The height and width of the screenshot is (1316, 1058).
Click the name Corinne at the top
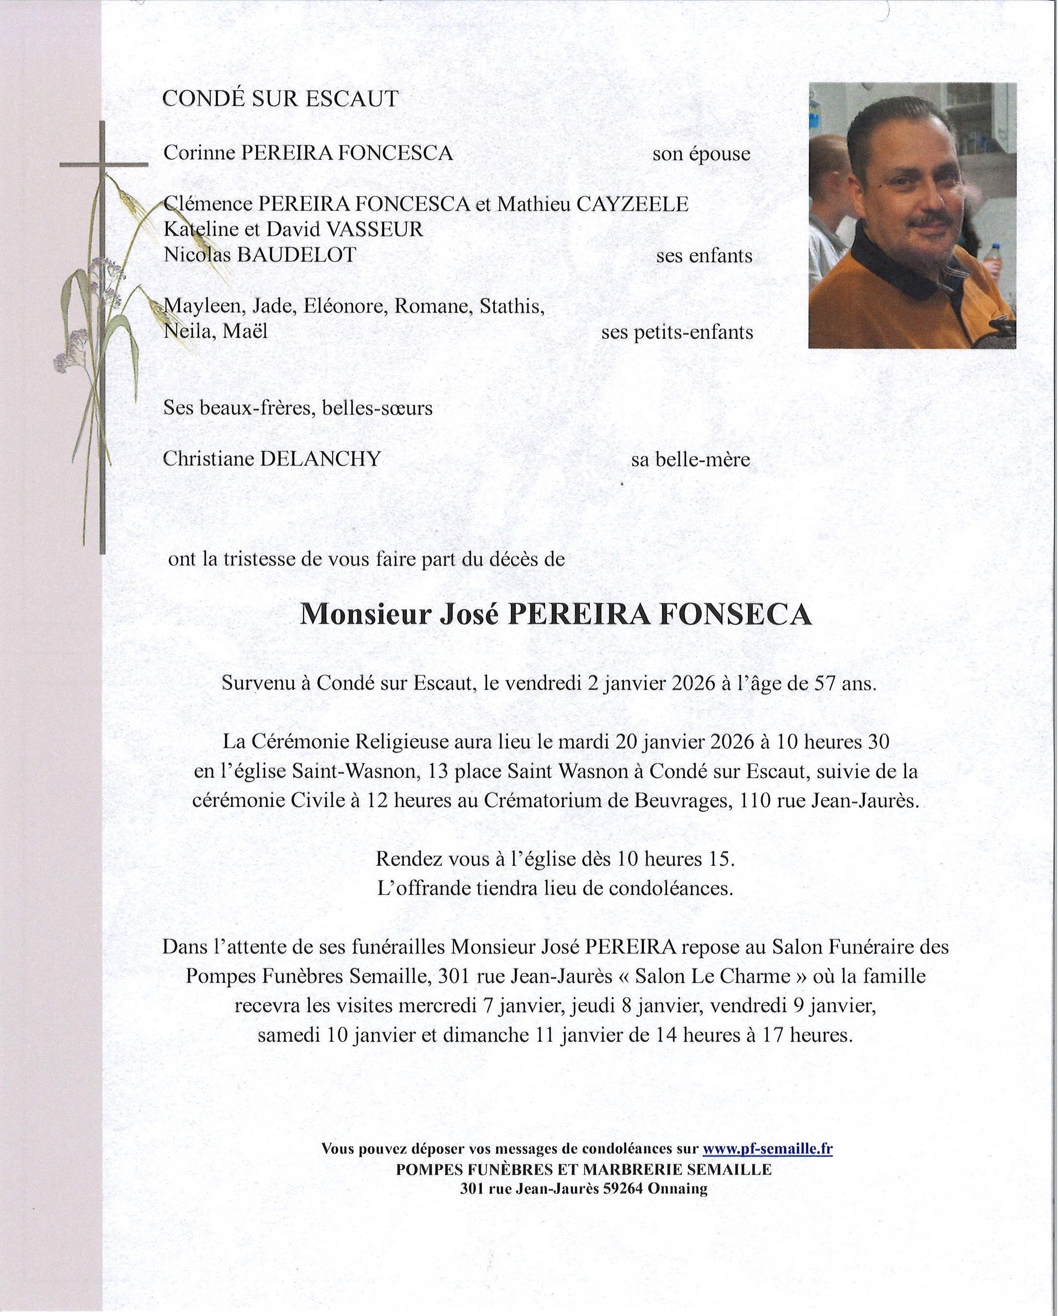200,152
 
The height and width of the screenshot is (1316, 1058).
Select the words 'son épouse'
701,154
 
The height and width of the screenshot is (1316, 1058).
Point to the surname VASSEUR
374,230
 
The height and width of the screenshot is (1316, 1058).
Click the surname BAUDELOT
296,254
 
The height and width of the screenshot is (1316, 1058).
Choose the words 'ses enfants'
704,256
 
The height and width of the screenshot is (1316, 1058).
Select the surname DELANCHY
320,459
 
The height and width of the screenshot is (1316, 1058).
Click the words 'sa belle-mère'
690,460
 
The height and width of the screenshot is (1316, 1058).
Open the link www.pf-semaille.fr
767,1149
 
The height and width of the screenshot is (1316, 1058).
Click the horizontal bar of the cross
104,164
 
